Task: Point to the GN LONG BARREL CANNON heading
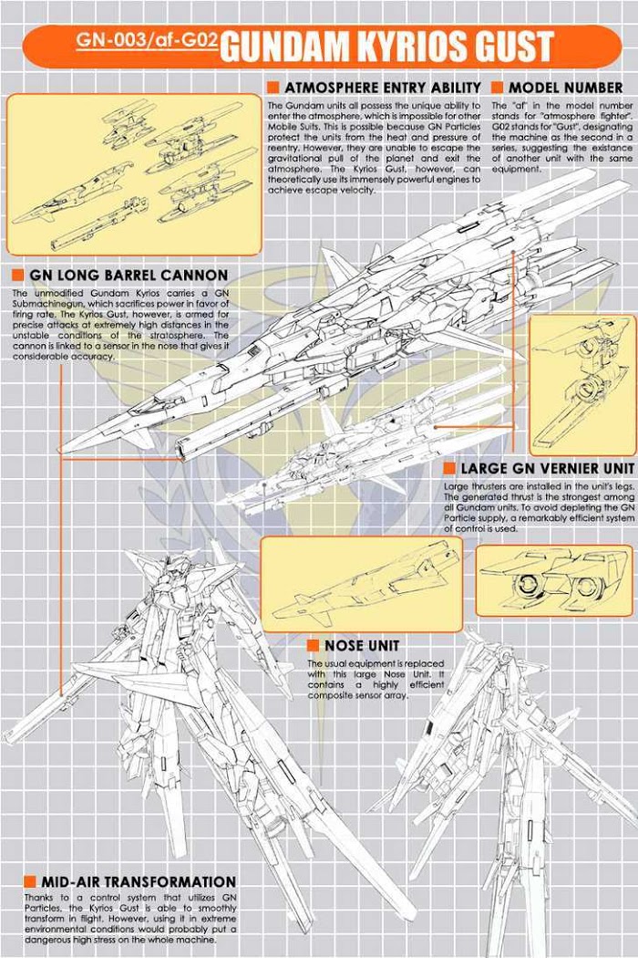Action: pos(128,275)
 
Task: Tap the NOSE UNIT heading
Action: pos(361,645)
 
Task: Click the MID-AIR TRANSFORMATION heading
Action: pos(138,881)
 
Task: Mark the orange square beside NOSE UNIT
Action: pos(313,645)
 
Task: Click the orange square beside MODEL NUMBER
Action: pos(498,88)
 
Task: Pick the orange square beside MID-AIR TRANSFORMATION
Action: pos(30,881)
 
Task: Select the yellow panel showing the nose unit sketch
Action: pos(361,584)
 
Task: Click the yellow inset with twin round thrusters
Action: pos(553,579)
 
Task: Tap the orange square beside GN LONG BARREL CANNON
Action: pos(17,275)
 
